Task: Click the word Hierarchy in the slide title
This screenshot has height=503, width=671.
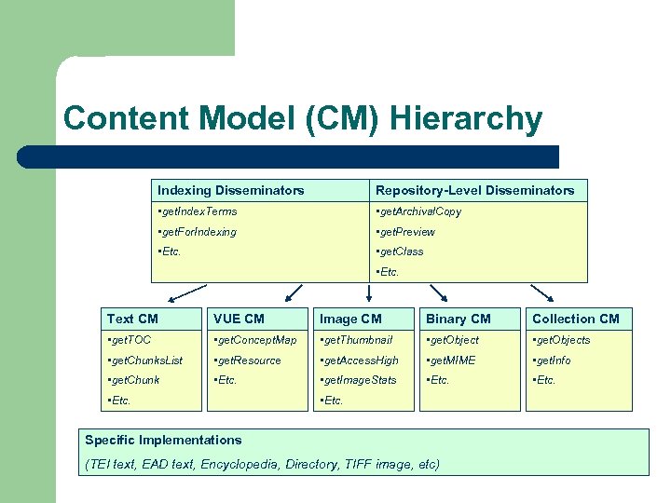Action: pos(466,119)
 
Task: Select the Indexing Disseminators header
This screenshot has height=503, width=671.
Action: pos(230,190)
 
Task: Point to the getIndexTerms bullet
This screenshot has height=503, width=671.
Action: pos(198,211)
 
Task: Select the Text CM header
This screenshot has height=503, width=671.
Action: pos(132,319)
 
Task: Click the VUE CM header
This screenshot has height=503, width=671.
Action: pos(239,319)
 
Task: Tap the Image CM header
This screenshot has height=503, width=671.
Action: pos(350,319)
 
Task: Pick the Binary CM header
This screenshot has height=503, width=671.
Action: pos(458,319)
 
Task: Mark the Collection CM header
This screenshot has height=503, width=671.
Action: pos(575,319)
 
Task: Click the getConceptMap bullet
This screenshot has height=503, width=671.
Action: pos(254,340)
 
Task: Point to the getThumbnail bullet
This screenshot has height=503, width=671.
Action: pos(356,340)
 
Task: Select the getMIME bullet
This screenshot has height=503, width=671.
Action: pos(451,360)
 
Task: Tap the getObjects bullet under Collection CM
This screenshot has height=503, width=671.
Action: pos(561,340)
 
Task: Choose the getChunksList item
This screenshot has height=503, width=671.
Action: pos(145,360)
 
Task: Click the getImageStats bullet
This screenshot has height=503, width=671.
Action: pos(358,380)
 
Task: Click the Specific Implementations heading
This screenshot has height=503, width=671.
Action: pos(163,440)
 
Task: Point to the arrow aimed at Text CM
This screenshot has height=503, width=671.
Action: pos(175,296)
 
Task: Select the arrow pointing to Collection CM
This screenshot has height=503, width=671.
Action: pos(545,295)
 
